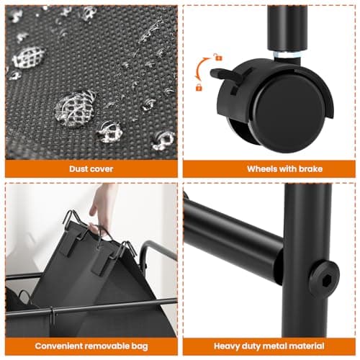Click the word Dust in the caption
pyautogui.click(x=77, y=169)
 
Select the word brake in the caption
pyautogui.click(x=310, y=169)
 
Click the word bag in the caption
pyautogui.click(x=140, y=347)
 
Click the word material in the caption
pyautogui.click(x=305, y=346)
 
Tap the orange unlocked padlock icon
pyautogui.click(x=218, y=57)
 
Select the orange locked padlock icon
pyautogui.click(x=199, y=87)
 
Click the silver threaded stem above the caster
pyautogui.click(x=287, y=55)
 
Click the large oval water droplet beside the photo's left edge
pyautogui.click(x=29, y=57)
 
